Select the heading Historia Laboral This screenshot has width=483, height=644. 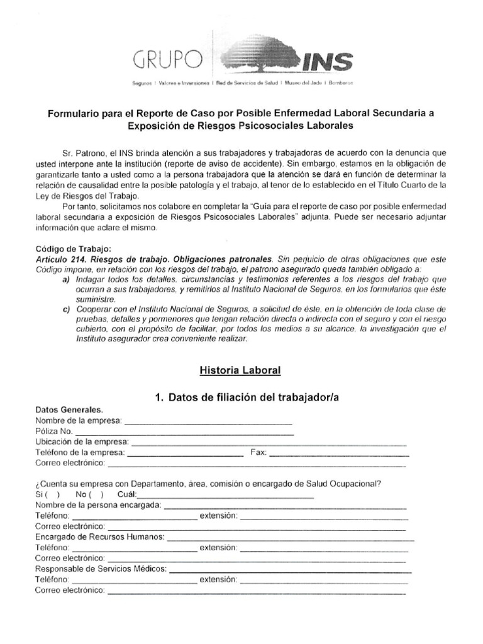click(241, 370)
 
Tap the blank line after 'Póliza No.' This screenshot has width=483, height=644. click(184, 432)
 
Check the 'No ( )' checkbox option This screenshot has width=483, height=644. click(89, 494)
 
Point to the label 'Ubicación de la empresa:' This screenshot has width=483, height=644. click(82, 441)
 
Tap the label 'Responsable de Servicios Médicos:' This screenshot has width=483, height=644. click(101, 569)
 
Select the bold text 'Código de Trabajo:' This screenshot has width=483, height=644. click(72, 248)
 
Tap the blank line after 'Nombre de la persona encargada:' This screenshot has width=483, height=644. click(285, 505)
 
